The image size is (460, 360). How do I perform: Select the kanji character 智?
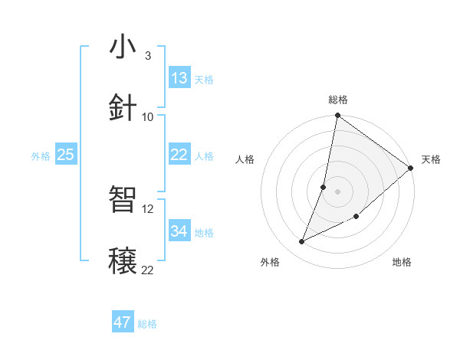123,201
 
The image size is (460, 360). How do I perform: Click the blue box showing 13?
179,78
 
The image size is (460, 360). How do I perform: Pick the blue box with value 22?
179,155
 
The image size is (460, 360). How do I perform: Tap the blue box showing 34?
179,231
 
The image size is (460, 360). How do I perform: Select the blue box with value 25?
65,155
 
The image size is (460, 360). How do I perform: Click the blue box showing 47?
123,322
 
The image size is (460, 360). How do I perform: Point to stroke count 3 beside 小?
147,56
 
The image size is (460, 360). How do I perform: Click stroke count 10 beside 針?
148,116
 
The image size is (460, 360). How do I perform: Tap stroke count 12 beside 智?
148,208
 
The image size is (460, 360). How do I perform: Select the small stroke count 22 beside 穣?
148,269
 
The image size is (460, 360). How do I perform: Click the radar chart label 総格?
338,100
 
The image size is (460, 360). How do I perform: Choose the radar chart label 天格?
431,159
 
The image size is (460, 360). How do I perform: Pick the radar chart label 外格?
270,262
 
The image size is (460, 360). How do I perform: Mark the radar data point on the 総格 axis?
337,116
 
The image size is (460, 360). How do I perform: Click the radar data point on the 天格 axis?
410,169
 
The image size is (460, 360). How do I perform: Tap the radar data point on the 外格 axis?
302,242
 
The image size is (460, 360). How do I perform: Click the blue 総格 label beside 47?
147,324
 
